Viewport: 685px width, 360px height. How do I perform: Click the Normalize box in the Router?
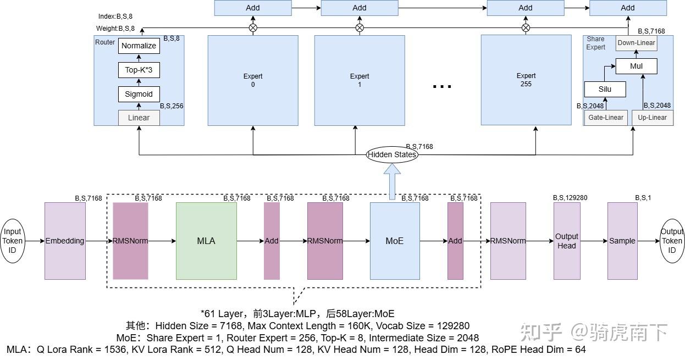click(139, 46)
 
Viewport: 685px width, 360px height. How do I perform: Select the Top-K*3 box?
click(139, 70)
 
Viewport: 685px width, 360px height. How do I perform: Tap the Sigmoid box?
click(139, 94)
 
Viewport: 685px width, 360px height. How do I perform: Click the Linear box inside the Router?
click(139, 118)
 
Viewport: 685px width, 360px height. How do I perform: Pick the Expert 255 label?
click(526, 80)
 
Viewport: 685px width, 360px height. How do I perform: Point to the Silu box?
click(605, 89)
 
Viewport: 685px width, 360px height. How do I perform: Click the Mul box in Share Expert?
click(637, 66)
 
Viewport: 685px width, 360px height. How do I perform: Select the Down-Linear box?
click(637, 43)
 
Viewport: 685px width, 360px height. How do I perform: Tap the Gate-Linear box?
click(606, 118)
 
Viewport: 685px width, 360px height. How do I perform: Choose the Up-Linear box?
click(652, 118)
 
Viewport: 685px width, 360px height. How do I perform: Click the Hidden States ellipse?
click(392, 154)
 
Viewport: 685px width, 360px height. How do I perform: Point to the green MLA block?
click(206, 241)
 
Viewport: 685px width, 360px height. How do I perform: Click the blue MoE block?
click(395, 241)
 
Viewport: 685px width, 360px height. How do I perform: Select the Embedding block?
click(65, 241)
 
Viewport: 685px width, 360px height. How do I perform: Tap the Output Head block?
click(567, 241)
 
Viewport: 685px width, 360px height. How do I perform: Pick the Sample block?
click(622, 241)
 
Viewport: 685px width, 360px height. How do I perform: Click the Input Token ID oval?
click(12, 241)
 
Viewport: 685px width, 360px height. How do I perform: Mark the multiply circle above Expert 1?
click(360, 28)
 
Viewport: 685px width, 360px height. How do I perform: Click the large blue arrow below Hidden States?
click(392, 181)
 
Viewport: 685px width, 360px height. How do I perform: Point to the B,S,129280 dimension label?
click(570, 198)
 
